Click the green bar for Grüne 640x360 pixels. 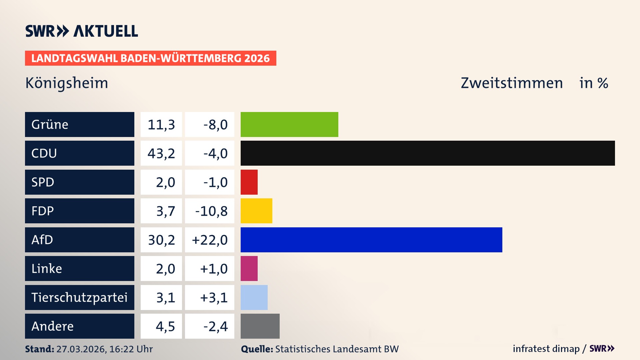289,124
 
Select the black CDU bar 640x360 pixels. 428,153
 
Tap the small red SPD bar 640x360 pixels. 249,182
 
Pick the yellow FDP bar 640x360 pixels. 256,211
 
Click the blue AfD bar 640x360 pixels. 371,240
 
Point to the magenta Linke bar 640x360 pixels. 249,269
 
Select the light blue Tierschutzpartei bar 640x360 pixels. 254,297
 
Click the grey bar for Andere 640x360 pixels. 260,326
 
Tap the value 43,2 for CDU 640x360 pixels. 161,153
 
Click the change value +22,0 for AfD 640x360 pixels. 210,240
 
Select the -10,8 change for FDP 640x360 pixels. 211,211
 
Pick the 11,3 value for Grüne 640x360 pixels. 161,124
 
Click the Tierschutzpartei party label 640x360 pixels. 79,297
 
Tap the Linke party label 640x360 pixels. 47,269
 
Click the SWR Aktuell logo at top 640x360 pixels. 82,31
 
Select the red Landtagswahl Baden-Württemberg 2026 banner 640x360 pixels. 150,58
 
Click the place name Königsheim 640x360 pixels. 67,83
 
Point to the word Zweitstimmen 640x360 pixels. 512,83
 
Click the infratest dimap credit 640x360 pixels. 546,349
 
